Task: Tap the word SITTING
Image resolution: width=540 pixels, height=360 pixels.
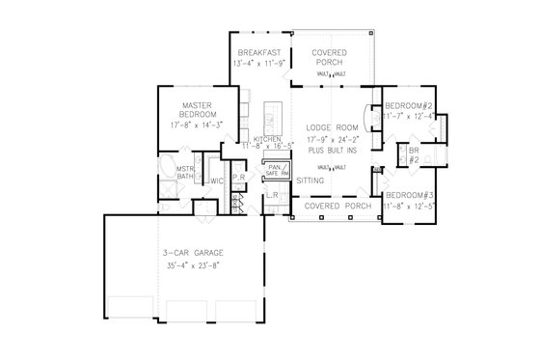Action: (x=310, y=180)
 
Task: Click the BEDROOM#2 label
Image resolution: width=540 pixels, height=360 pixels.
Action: (x=410, y=106)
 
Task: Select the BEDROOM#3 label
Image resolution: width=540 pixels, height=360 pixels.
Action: (x=411, y=196)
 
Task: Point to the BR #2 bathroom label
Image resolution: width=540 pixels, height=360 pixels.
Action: (x=413, y=155)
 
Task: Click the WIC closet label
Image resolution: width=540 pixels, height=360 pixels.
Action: (x=218, y=180)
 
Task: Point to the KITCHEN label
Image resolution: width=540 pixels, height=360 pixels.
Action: (x=267, y=140)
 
